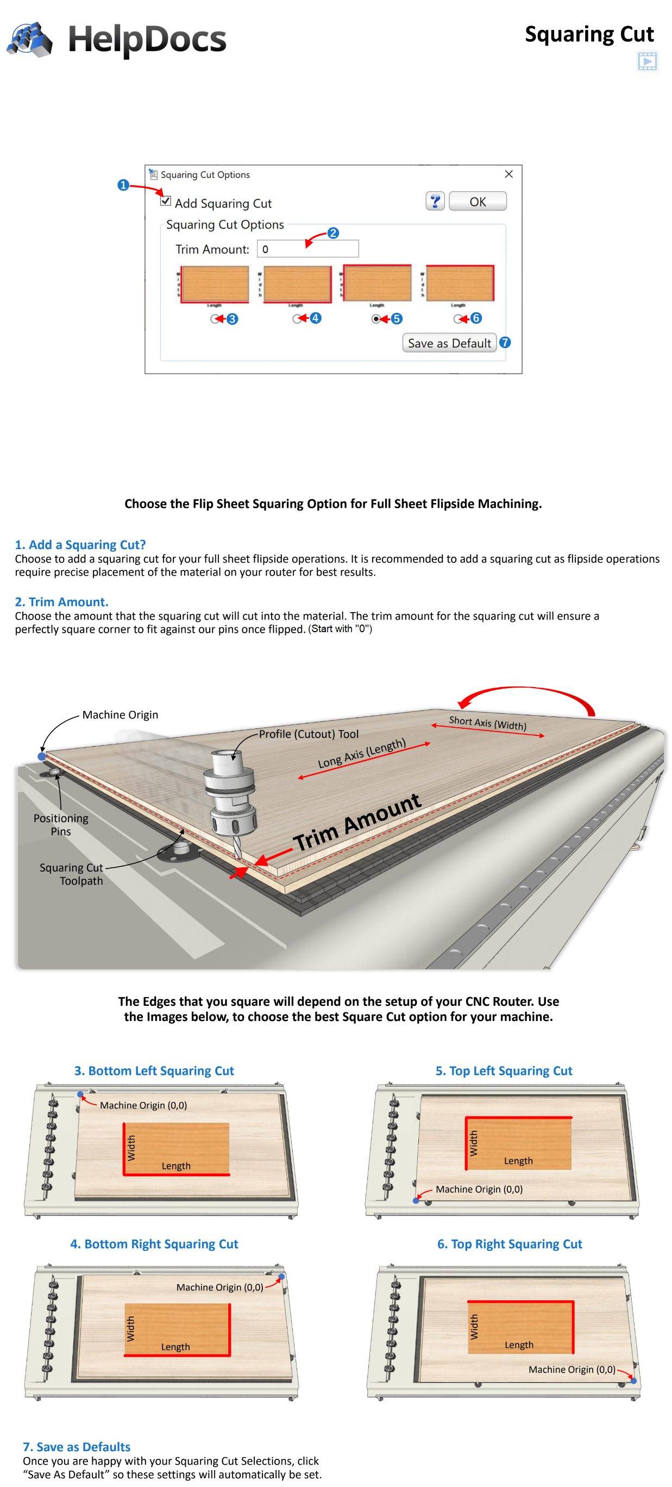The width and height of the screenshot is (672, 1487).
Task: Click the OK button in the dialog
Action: pos(478,201)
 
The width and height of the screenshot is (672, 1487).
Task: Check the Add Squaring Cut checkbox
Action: pos(166,201)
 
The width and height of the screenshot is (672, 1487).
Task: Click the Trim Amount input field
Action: pos(307,249)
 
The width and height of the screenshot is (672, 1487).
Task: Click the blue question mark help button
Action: pos(435,201)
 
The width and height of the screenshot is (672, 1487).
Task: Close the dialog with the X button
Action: pos(508,174)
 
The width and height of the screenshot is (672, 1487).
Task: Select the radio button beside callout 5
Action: pos(376,319)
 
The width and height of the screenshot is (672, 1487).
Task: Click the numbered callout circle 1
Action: pos(123,185)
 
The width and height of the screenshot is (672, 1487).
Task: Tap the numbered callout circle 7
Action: pos(505,342)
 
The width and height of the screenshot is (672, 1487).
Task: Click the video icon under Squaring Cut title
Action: pos(647,61)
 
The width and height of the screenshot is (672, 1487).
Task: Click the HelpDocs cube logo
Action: pos(30,39)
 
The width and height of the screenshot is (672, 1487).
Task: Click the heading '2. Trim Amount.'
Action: pos(61,602)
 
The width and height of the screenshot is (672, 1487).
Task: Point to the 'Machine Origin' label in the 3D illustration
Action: pos(120,715)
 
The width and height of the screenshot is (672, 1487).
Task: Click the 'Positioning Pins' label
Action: pos(61,824)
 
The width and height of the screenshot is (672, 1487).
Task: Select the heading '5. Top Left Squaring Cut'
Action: pos(504,1071)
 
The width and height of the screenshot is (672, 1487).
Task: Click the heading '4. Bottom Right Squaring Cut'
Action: pos(154,1244)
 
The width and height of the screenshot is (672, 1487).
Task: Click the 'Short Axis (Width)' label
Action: pos(487,722)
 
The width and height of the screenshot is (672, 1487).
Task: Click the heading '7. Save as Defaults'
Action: pos(77,1447)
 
